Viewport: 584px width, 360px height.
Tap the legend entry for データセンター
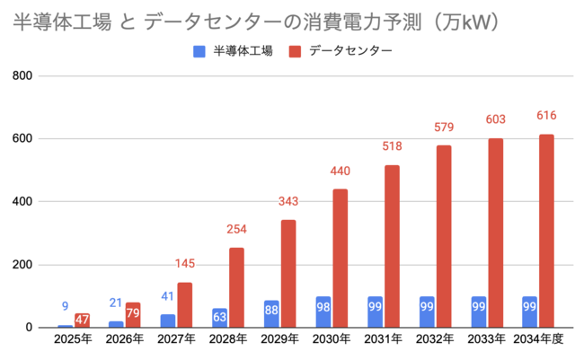click(341, 51)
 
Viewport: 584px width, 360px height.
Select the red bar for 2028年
click(235, 287)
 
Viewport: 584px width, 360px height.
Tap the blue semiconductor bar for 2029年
click(271, 314)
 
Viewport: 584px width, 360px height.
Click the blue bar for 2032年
click(427, 312)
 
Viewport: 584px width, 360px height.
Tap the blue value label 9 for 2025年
click(65, 306)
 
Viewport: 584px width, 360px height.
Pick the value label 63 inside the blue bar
click(219, 315)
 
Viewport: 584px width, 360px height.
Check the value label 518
click(392, 146)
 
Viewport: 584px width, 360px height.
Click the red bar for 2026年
click(133, 315)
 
